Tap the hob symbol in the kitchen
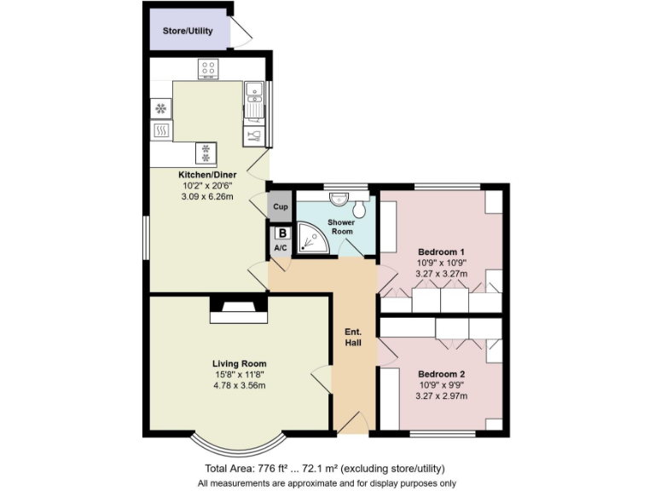pos(207,67)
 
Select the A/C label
pos(281,247)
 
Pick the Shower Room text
pos(342,227)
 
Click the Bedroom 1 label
pos(440,251)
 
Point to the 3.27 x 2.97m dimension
pos(441,396)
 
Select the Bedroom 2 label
pos(441,374)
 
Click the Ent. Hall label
pos(353,337)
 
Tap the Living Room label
pos(240,364)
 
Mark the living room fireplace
pos(239,309)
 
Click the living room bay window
pos(238,444)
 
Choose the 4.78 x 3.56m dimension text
pos(240,385)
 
